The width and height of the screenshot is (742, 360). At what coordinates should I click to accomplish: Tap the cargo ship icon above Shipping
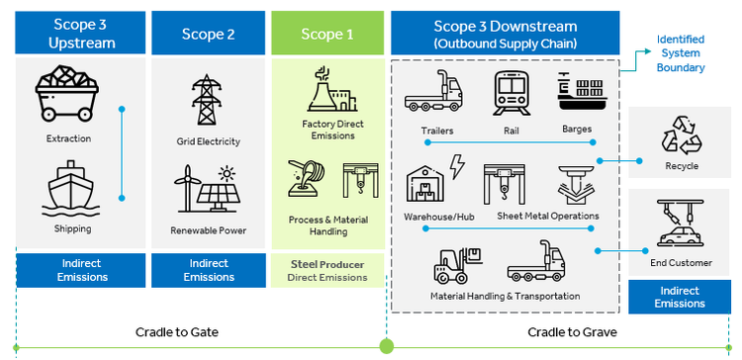[71, 188]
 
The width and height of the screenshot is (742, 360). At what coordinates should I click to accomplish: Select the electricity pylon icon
[207, 99]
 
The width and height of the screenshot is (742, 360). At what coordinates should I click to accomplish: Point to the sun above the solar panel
[228, 174]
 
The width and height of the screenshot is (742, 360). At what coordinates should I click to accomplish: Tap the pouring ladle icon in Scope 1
[306, 178]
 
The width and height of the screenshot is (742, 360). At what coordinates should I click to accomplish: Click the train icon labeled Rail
[511, 94]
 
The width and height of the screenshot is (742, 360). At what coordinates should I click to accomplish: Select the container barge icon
[580, 91]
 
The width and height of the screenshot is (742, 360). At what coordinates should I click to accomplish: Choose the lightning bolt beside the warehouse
[457, 166]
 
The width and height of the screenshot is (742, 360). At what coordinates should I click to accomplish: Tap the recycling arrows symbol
[681, 135]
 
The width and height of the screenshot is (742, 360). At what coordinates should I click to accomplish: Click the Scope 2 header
[208, 33]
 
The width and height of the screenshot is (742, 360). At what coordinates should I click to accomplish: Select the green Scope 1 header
[327, 33]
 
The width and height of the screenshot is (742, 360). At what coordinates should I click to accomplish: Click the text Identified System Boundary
[681, 53]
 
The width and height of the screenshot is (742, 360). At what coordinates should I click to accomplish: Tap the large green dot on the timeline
[387, 346]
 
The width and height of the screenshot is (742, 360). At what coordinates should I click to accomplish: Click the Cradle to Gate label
[177, 332]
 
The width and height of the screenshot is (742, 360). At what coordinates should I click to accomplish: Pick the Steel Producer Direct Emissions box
[327, 271]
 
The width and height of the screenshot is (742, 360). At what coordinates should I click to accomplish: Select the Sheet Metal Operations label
[548, 217]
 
